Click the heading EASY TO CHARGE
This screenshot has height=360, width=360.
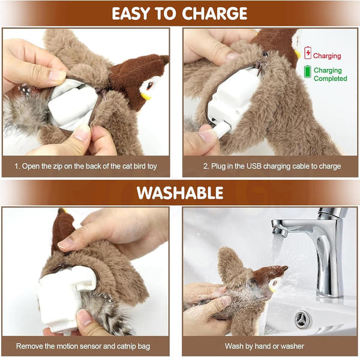tap(179, 13)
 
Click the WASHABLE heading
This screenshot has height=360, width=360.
tap(179, 193)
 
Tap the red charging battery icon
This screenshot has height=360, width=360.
tap(308, 53)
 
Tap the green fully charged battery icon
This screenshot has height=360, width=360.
tap(308, 72)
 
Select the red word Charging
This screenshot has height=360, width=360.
tap(327, 56)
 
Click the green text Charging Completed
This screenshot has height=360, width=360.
tap(330, 74)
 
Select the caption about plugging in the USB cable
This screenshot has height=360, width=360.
tap(270, 166)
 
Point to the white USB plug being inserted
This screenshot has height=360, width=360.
tap(219, 130)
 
